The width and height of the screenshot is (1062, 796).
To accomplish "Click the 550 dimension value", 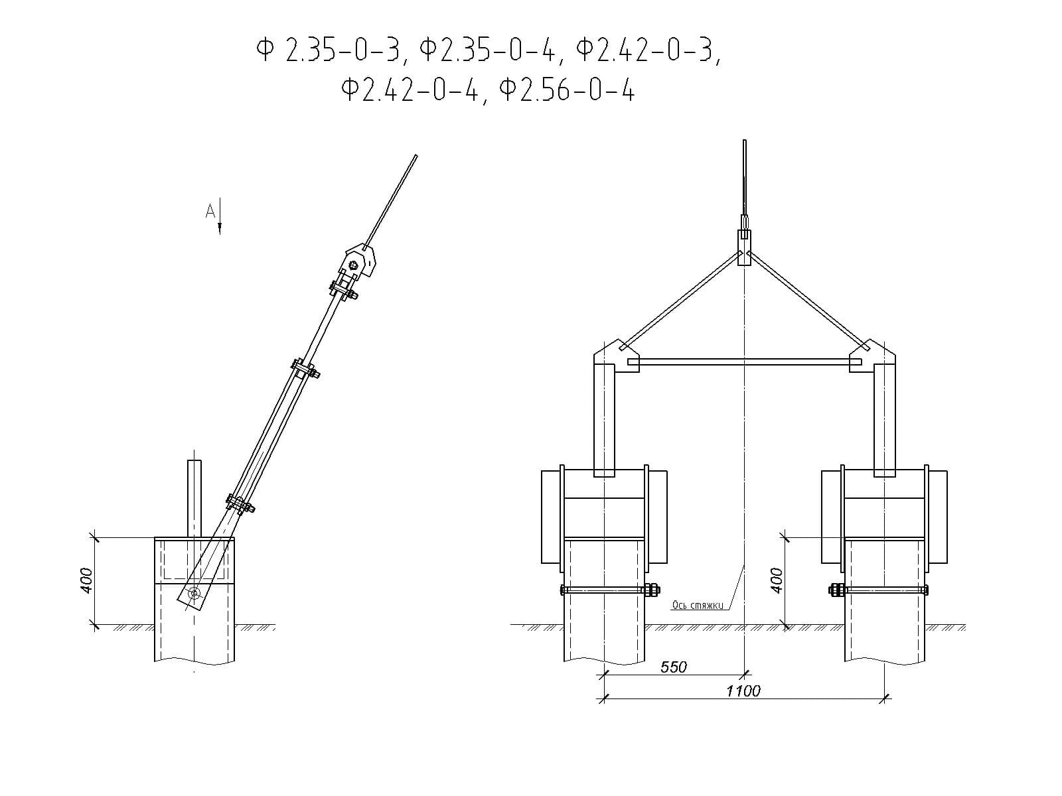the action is pyautogui.click(x=673, y=667).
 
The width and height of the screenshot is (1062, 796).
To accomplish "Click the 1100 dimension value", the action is pyautogui.click(x=743, y=691).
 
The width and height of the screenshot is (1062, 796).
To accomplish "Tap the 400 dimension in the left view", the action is pyautogui.click(x=86, y=581).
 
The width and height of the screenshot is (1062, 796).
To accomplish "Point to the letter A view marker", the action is pyautogui.click(x=210, y=211).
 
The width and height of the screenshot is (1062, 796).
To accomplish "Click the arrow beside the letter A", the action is pyautogui.click(x=220, y=216).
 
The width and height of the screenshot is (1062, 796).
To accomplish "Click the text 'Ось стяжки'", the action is pyautogui.click(x=698, y=605).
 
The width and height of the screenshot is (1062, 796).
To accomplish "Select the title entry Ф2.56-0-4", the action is pyautogui.click(x=567, y=90).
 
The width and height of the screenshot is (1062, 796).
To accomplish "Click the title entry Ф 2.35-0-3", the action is pyautogui.click(x=329, y=51).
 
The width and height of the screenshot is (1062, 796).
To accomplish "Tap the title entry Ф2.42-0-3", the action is pyautogui.click(x=645, y=51).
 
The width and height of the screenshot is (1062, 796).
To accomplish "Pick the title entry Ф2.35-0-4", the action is pyautogui.click(x=487, y=51).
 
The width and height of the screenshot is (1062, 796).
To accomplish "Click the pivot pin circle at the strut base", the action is pyautogui.click(x=194, y=593).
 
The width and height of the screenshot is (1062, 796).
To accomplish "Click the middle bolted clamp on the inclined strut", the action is pyautogui.click(x=305, y=369).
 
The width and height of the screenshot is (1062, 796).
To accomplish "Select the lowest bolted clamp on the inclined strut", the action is pyautogui.click(x=240, y=504).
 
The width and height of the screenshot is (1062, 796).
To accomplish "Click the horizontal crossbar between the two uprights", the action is pyautogui.click(x=745, y=362).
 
